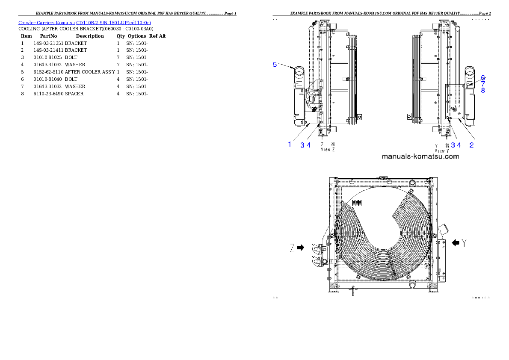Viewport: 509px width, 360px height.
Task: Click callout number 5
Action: click(275, 65)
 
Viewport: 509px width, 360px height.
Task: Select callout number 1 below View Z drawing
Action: click(290, 145)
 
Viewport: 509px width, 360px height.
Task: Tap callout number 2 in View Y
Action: click(471, 145)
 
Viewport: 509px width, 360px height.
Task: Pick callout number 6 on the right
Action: click(483, 78)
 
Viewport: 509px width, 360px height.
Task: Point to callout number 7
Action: click(483, 84)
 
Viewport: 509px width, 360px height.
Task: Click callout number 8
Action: click(483, 91)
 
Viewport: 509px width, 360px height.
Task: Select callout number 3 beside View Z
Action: click(302, 145)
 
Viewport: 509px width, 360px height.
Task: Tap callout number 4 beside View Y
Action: click(459, 145)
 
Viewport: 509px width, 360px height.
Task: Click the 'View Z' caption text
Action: click(328, 151)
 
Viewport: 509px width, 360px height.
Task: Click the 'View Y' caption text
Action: click(442, 151)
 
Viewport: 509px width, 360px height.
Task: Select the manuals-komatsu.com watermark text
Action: click(420, 156)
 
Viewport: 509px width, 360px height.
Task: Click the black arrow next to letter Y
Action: click(456, 243)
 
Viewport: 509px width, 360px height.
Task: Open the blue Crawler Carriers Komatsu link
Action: click(85, 22)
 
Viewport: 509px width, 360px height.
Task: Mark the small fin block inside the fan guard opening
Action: click(356, 204)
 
